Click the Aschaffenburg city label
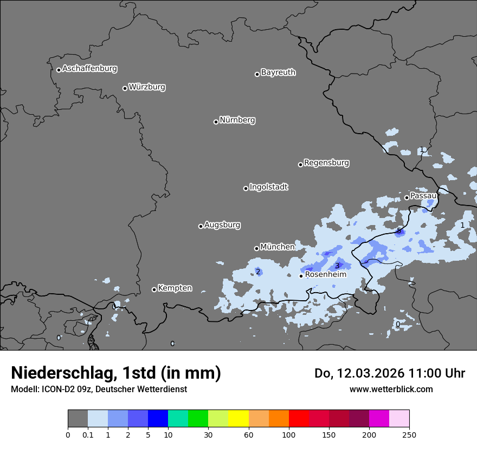point(89,69)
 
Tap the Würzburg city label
point(147,87)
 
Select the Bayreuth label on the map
point(278,72)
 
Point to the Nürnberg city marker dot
point(216,122)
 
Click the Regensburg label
point(326,163)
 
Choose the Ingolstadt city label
point(268,187)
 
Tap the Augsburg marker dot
point(201,226)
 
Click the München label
point(278,247)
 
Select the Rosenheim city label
point(326,275)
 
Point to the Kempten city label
point(175,288)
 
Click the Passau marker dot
point(407,197)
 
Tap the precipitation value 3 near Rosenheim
point(337,266)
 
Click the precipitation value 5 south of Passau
point(399,231)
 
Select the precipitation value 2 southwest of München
point(259,272)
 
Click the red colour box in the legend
point(299,419)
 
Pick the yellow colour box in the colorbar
point(238,419)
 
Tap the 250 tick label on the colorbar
point(409,434)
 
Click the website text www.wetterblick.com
point(391,389)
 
